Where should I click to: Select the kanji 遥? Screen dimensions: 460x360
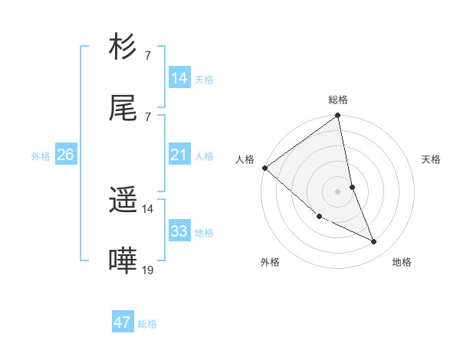coord(123,201)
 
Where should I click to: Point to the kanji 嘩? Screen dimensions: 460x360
coord(123,261)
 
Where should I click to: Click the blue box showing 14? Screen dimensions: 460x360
coord(179,78)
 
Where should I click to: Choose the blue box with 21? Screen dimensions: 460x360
coord(179,155)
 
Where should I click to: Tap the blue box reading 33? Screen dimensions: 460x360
coord(179,231)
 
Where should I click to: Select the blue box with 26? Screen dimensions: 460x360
coord(65,155)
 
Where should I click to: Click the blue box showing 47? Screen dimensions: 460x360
coord(123,322)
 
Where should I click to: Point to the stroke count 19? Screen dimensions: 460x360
coord(148,270)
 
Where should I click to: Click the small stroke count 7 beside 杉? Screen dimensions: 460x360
coord(147,56)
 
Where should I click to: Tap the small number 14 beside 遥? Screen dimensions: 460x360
coord(148,208)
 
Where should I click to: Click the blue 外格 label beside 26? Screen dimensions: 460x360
coord(41,156)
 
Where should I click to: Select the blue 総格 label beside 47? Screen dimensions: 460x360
coord(147,324)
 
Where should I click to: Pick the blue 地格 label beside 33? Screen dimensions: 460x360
coord(204,233)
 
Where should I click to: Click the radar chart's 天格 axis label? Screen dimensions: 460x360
coord(432,159)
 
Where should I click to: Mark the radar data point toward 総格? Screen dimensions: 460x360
coord(337,116)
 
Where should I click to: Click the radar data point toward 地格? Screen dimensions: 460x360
coord(374,241)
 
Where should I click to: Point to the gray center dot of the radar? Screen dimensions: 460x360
coord(337,191)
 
